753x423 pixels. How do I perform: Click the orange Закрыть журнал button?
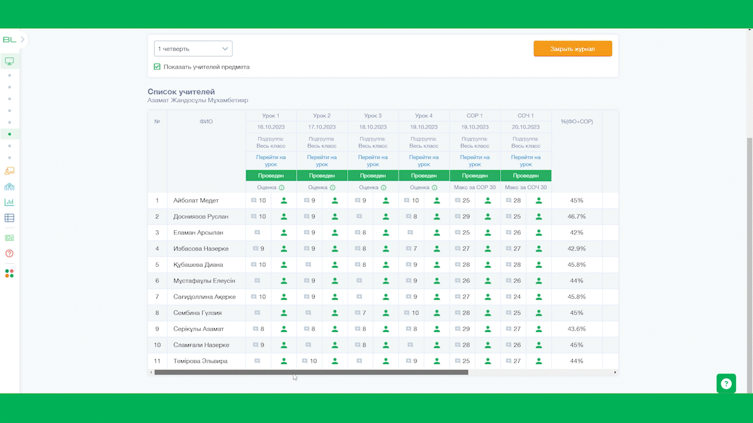click(572, 49)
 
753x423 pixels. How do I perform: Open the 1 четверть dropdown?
click(193, 49)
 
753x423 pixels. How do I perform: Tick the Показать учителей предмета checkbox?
click(157, 67)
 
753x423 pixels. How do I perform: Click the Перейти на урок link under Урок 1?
click(271, 161)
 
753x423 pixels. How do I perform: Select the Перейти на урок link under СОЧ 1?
click(526, 161)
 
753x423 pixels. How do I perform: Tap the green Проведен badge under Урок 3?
click(373, 176)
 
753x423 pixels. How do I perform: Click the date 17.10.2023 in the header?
click(322, 127)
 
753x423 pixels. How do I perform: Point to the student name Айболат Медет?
click(196, 200)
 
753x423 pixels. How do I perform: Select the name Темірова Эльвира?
click(201, 361)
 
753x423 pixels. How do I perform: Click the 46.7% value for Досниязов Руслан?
click(577, 217)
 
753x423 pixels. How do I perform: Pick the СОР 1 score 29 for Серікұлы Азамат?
click(466, 328)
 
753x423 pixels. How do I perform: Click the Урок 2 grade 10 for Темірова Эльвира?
click(314, 361)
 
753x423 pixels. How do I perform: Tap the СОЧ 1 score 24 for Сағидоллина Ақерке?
click(517, 297)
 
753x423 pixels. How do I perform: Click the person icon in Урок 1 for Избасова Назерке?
click(284, 249)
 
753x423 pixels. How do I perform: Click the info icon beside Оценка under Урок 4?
click(434, 187)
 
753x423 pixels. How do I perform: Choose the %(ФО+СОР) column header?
click(577, 122)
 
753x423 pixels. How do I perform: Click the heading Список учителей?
click(181, 92)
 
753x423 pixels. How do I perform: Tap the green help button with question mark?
click(726, 384)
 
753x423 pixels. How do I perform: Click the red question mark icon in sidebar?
click(9, 253)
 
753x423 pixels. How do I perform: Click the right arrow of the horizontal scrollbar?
click(615, 372)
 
